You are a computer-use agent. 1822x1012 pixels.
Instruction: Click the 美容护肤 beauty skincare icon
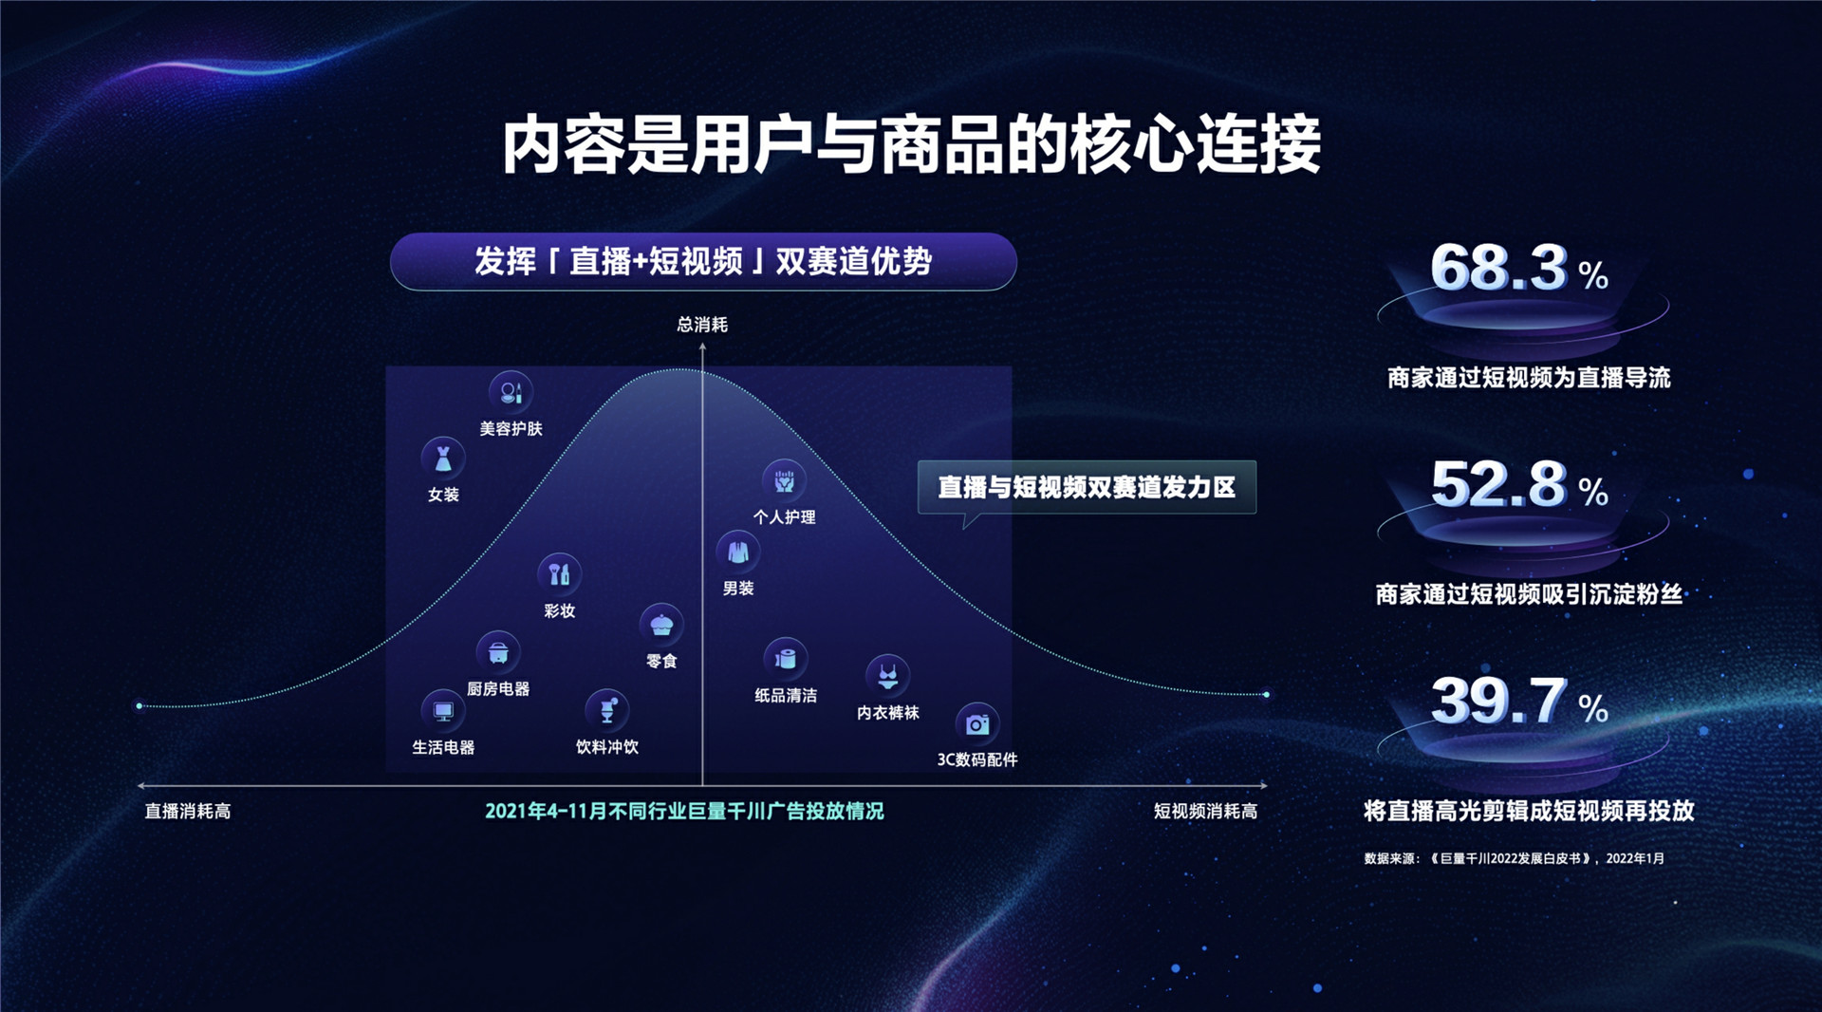coord(511,392)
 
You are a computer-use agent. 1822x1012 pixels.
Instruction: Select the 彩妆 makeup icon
coord(559,574)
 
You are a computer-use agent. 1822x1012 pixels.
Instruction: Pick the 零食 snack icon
coord(661,625)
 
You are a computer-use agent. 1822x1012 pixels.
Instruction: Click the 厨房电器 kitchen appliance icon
coord(498,653)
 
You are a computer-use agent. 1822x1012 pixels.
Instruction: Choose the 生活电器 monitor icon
coord(443,711)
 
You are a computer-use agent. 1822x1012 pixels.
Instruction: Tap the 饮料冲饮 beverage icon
coord(607,710)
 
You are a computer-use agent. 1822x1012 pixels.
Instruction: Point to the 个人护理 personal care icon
coord(784,481)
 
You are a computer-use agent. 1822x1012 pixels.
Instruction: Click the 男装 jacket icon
coord(737,552)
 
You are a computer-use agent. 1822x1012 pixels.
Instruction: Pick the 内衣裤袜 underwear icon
coord(887,676)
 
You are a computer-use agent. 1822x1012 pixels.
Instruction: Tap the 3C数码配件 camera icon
coord(976,725)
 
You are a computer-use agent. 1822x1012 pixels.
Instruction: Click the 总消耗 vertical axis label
coord(702,325)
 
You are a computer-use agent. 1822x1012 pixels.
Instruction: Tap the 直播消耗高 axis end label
coord(188,812)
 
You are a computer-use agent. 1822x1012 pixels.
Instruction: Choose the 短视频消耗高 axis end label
coord(1205,812)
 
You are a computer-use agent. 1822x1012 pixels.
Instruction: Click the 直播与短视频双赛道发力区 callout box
coord(1087,487)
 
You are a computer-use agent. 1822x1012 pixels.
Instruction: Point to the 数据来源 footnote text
coord(1514,858)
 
